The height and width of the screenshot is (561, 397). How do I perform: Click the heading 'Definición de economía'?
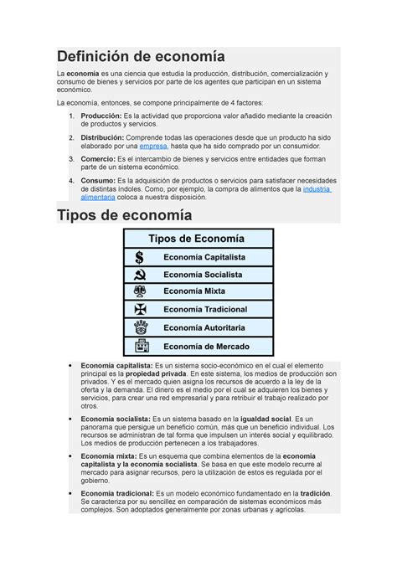pyautogui.click(x=141, y=57)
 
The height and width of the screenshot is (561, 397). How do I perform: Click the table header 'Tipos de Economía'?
pyautogui.click(x=198, y=239)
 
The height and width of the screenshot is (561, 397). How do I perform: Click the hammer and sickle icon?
pyautogui.click(x=139, y=275)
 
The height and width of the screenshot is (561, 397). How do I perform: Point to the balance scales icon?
pyautogui.click(x=139, y=292)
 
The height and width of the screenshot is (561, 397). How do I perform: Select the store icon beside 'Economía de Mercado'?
pyautogui.click(x=139, y=346)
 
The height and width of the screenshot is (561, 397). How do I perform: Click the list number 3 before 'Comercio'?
pyautogui.click(x=71, y=157)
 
